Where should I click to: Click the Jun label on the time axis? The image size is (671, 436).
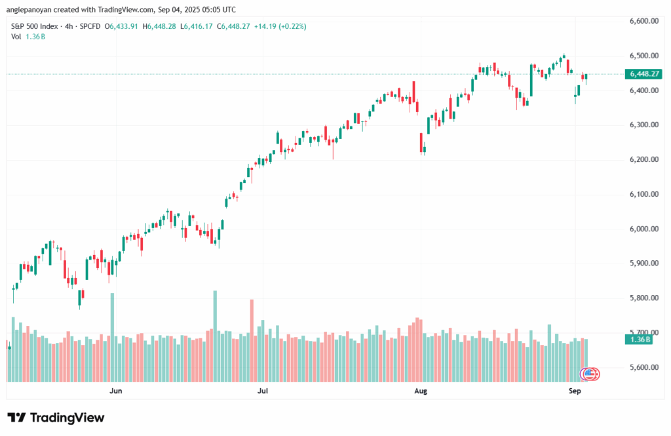tap(116, 391)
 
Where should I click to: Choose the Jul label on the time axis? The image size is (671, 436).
tap(263, 391)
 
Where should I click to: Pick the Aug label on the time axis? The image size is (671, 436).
tap(421, 391)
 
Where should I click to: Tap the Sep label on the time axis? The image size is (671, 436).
tap(575, 391)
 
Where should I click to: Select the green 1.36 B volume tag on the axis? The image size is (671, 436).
tap(639, 339)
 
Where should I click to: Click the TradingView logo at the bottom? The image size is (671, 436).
tap(56, 418)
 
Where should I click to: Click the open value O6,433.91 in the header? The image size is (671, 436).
tap(125, 26)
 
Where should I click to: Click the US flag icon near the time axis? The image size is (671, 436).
tap(590, 374)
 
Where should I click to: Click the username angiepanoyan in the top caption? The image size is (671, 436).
tap(32, 10)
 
